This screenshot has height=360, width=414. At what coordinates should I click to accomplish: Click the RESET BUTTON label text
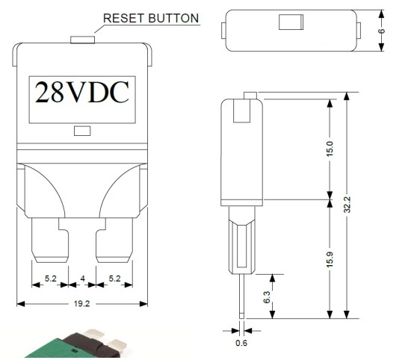tap(151, 18)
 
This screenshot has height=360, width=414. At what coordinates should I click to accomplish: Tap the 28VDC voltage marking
tap(82, 92)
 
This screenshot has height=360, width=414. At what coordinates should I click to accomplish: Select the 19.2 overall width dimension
tap(82, 304)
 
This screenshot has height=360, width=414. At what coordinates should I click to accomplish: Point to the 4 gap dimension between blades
tap(83, 279)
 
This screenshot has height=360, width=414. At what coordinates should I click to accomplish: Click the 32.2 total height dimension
tap(347, 205)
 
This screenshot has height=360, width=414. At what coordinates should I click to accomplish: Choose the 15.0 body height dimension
tap(330, 149)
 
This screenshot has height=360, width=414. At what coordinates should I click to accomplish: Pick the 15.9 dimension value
tap(330, 259)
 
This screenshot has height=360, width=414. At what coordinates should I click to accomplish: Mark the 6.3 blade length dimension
tap(267, 297)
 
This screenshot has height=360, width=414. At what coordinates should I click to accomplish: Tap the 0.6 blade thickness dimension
tap(241, 343)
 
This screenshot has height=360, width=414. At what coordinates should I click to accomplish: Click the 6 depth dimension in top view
tap(382, 31)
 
